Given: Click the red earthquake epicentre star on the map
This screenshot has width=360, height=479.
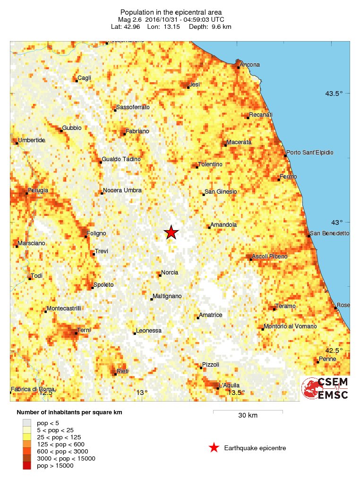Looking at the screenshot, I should click(x=171, y=232).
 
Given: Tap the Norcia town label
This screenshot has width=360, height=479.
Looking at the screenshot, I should click(x=170, y=273).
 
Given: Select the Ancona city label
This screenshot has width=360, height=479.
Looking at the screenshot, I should click(x=250, y=65).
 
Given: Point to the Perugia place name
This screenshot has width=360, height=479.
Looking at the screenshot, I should click(x=38, y=190).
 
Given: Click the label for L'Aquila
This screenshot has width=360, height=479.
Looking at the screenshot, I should click(x=229, y=385).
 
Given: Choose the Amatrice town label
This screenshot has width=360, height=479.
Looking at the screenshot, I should click(x=211, y=315).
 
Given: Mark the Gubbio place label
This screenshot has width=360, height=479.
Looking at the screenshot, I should click(x=72, y=128).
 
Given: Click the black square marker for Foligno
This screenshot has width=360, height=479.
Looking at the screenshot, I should click(x=86, y=236).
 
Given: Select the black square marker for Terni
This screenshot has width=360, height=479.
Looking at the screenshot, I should click(x=76, y=333).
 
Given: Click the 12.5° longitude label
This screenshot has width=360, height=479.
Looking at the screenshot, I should click(x=46, y=393).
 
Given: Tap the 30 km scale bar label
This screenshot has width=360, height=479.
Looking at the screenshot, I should click(x=248, y=416).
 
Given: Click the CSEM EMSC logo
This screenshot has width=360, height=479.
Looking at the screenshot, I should click(x=326, y=388).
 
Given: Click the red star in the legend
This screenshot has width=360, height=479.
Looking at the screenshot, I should click(x=214, y=448).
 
